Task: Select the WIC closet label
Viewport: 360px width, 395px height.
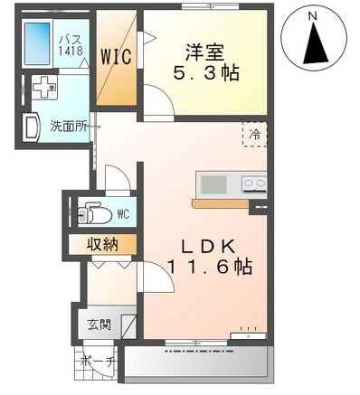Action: point(117,55)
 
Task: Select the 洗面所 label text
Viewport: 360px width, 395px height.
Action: point(67,127)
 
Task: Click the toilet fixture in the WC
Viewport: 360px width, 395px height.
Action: point(94,214)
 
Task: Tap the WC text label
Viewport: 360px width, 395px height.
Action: point(124,214)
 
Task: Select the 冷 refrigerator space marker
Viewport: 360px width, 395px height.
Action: point(254,133)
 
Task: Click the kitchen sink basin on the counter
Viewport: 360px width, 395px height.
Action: point(214,184)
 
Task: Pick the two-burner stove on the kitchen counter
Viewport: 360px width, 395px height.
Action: point(254,184)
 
